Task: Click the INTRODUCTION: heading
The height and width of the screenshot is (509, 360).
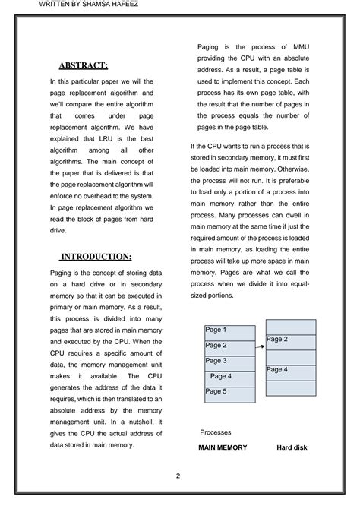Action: click(x=96, y=256)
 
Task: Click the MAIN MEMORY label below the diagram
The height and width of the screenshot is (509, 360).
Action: click(x=223, y=447)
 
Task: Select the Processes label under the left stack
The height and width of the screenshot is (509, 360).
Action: click(x=216, y=432)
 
